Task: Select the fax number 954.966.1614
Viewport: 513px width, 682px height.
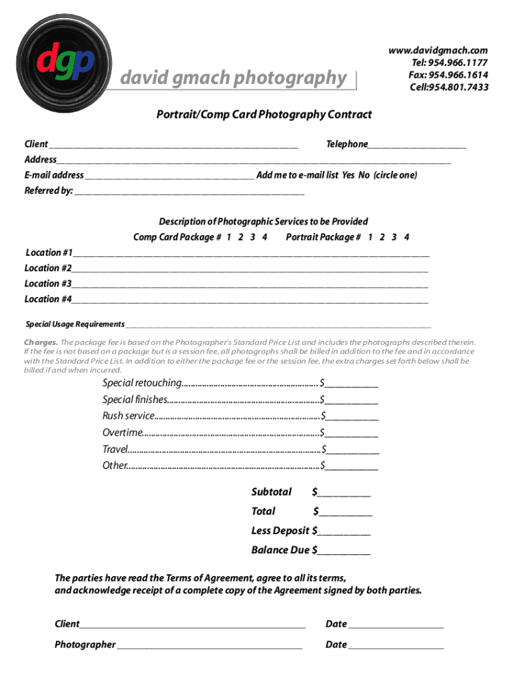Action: [x=448, y=75]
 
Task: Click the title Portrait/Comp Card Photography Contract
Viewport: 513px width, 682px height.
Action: [x=264, y=115]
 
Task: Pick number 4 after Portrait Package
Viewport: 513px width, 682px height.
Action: [x=406, y=237]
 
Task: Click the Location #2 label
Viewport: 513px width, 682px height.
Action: [x=47, y=268]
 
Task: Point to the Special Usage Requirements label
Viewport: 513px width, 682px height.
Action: [x=75, y=324]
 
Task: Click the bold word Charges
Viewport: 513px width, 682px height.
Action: [x=41, y=342]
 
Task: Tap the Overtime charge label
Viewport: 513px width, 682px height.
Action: [x=122, y=433]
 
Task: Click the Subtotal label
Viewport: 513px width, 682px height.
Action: [x=271, y=492]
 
